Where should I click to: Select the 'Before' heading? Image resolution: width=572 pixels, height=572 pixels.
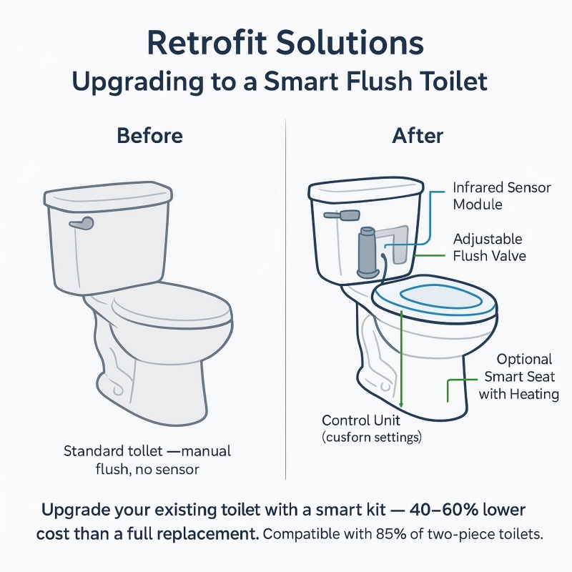tap(149, 136)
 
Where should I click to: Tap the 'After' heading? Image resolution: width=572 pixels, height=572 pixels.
tap(418, 136)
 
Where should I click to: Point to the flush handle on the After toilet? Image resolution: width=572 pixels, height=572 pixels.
tap(342, 214)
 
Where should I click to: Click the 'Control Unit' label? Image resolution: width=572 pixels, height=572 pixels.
tap(361, 420)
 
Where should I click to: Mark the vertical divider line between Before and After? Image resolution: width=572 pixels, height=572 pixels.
tap(285, 300)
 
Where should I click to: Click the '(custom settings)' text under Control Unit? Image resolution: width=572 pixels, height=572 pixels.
tap(372, 436)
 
